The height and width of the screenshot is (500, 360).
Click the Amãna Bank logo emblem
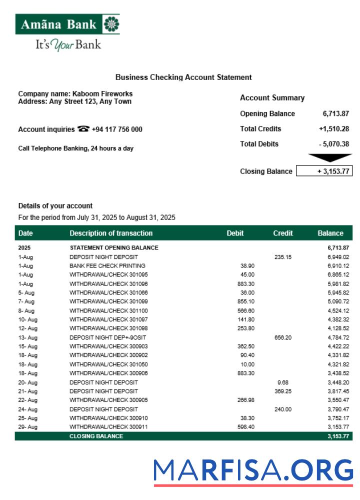point(111,23)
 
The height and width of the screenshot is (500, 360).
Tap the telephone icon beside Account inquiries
point(83,129)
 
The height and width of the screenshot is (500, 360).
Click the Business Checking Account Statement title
point(183,77)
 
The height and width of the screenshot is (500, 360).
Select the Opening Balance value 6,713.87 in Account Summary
point(335,113)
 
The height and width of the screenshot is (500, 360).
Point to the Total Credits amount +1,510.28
point(333,129)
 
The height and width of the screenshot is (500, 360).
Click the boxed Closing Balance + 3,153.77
point(324,171)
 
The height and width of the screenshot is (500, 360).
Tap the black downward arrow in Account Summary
point(330,158)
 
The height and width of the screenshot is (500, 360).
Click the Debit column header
point(235,233)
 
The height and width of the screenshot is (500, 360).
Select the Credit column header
point(283,233)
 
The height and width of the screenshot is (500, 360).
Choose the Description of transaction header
point(111,233)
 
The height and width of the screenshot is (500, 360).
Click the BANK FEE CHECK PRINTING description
point(107,266)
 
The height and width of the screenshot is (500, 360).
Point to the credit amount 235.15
point(283,257)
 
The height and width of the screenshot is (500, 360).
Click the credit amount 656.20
point(283,337)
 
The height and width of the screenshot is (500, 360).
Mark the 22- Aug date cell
point(27,400)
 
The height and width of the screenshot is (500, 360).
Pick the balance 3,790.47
point(338,409)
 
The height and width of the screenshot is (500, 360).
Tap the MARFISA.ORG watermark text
point(253,470)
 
